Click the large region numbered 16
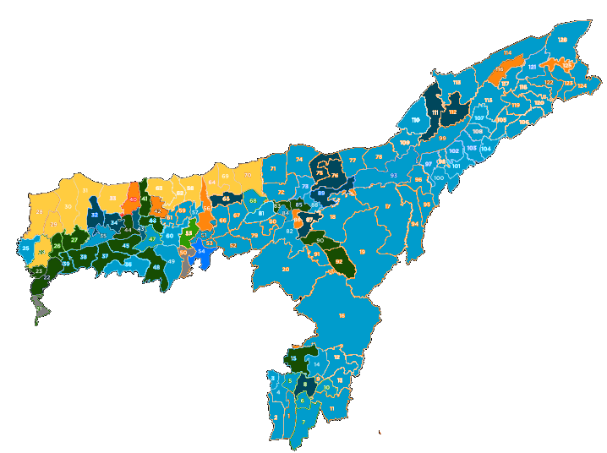pyautogui.click(x=342, y=315)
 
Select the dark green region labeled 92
pyautogui.click(x=338, y=261)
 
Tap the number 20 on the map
pyautogui.click(x=286, y=270)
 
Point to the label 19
pyautogui.click(x=362, y=251)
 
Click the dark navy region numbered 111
pyautogui.click(x=435, y=112)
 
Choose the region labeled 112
pyautogui.click(x=453, y=112)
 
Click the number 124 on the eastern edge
pyautogui.click(x=582, y=85)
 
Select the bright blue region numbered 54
pyautogui.click(x=201, y=251)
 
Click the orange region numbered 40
pyautogui.click(x=133, y=199)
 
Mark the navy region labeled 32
pyautogui.click(x=95, y=216)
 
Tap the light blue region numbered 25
pyautogui.click(x=26, y=248)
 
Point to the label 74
pyautogui.click(x=298, y=159)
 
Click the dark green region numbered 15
pyautogui.click(x=294, y=358)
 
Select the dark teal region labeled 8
pyautogui.click(x=304, y=383)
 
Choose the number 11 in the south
pyautogui.click(x=332, y=408)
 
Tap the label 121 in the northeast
pyautogui.click(x=532, y=66)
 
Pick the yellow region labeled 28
pyautogui.click(x=39, y=211)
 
